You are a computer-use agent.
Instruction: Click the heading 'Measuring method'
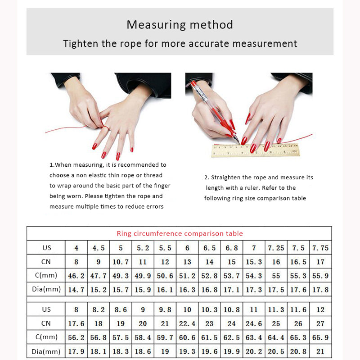coord(180,24)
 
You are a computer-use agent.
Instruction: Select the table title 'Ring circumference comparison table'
coord(180,233)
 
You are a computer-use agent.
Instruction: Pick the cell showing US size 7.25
coord(276,248)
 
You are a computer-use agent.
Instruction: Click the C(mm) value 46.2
coord(76,276)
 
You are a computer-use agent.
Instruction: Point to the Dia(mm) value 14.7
coord(76,290)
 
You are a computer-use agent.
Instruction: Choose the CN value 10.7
coord(121,262)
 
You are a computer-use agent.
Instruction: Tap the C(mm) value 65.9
coord(320,337)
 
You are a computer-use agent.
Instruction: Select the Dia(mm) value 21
coord(320,351)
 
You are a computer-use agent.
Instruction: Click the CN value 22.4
coord(187,324)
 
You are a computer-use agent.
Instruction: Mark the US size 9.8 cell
coord(165,310)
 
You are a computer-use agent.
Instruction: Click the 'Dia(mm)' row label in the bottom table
coord(46,351)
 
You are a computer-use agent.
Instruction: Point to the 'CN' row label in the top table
coord(46,262)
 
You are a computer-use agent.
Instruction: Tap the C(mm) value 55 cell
coord(276,276)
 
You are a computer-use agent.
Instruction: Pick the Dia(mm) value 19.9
coord(231,351)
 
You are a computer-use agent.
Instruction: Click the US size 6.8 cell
coord(231,248)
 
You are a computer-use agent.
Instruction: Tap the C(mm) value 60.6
coord(187,337)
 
